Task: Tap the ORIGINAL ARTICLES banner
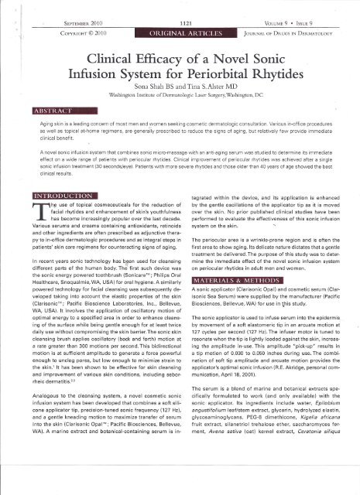coord(180,22)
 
